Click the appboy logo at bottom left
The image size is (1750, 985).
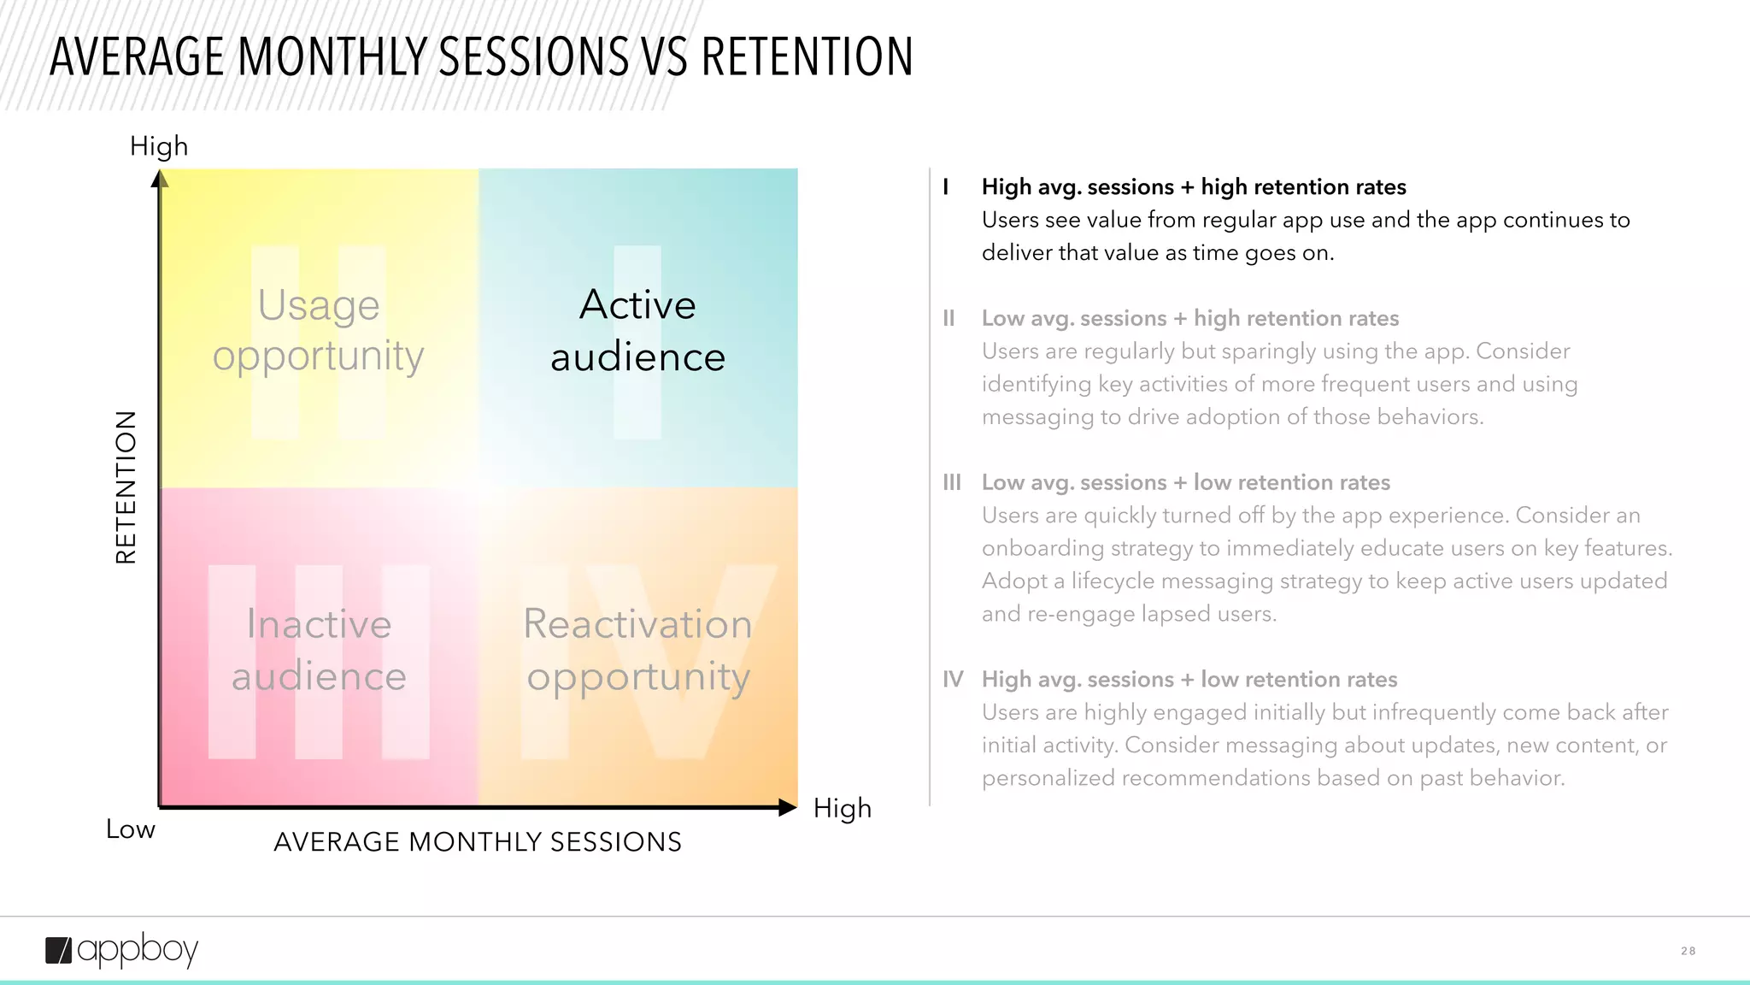click(x=121, y=950)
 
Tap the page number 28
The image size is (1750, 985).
click(x=1688, y=951)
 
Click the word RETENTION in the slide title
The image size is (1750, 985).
click(x=807, y=57)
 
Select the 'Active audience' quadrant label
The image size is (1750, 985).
click(x=637, y=330)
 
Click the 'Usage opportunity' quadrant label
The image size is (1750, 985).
click(x=318, y=330)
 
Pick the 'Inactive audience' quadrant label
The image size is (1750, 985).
click(x=319, y=650)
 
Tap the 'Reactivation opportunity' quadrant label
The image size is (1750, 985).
click(x=637, y=650)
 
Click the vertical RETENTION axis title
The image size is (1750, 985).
click(x=126, y=487)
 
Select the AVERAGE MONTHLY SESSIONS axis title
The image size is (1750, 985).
click(x=478, y=842)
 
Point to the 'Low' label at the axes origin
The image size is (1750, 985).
click(x=130, y=829)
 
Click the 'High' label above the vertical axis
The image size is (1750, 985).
click(x=159, y=146)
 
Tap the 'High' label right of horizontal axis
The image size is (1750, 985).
click(x=842, y=808)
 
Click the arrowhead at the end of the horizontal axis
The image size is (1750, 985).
click(x=788, y=807)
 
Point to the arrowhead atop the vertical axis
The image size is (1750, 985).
click(x=160, y=179)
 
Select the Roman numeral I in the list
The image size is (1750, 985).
click(x=946, y=187)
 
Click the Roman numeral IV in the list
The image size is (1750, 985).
click(x=953, y=680)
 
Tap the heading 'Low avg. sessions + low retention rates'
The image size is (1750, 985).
click(x=1185, y=483)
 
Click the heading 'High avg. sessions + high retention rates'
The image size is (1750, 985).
click(x=1193, y=187)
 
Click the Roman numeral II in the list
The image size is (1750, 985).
click(x=948, y=319)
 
